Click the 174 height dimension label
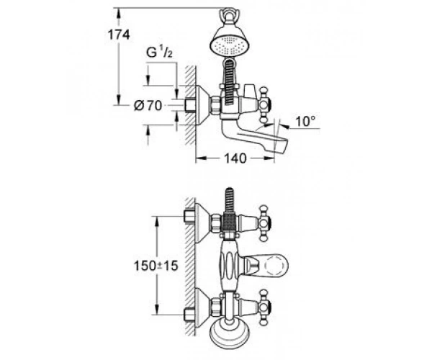point(119,35)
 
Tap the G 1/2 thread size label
point(160,52)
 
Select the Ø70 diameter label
point(148,106)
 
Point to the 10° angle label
point(305,121)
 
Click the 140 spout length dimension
point(235,158)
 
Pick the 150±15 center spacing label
point(156,266)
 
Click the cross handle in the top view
point(264,104)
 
